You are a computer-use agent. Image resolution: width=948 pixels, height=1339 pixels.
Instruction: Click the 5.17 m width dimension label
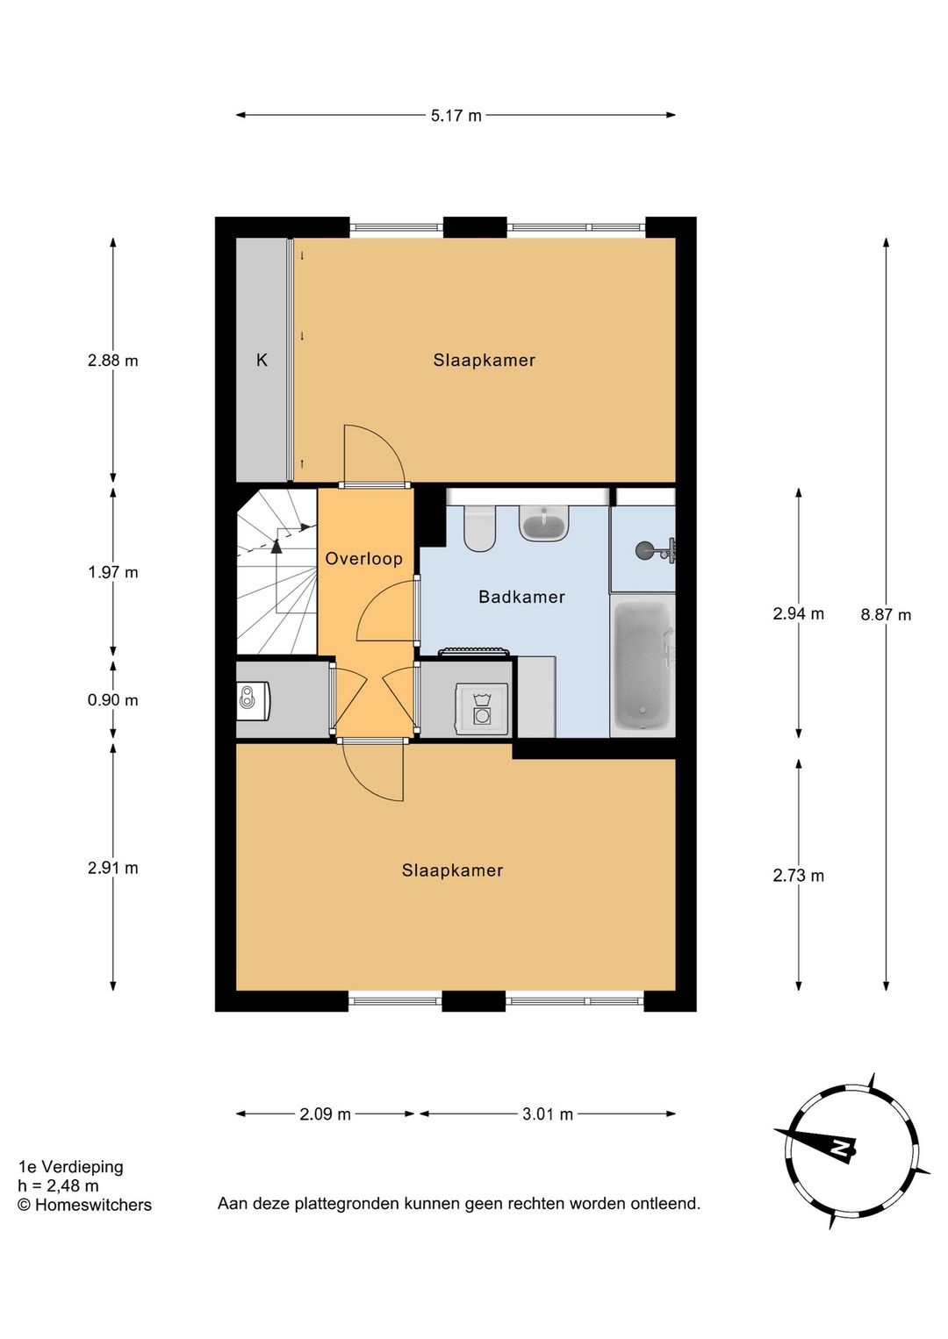coord(456,116)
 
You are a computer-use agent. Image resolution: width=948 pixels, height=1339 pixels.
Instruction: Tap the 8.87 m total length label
coord(886,615)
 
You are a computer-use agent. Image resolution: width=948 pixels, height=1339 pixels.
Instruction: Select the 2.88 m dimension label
coord(112,361)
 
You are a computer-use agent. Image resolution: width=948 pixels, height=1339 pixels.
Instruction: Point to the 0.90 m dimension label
coord(112,700)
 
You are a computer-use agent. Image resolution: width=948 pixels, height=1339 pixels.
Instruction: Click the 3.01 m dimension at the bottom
coord(547,1114)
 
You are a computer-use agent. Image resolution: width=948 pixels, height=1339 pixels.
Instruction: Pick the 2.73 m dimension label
coord(798,876)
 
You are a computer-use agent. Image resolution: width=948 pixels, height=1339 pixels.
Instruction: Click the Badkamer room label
coord(521,598)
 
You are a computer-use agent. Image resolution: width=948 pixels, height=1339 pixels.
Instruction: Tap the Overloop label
coord(363,559)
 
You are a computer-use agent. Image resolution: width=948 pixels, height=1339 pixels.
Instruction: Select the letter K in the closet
coord(262,361)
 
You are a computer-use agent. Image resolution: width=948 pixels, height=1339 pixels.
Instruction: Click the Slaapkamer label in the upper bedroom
coord(484,361)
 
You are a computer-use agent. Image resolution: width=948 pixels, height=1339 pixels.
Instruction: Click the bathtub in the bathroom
coord(643,665)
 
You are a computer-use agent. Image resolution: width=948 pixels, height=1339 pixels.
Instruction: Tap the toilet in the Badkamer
coord(479,527)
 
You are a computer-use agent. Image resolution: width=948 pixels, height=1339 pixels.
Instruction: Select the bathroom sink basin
coord(544,524)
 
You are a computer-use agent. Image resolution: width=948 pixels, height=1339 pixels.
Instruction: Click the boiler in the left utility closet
coord(252,699)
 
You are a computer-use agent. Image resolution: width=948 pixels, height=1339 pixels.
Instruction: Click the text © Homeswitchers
coord(84,1206)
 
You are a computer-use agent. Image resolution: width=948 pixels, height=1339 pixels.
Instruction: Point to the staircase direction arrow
coord(277,546)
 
